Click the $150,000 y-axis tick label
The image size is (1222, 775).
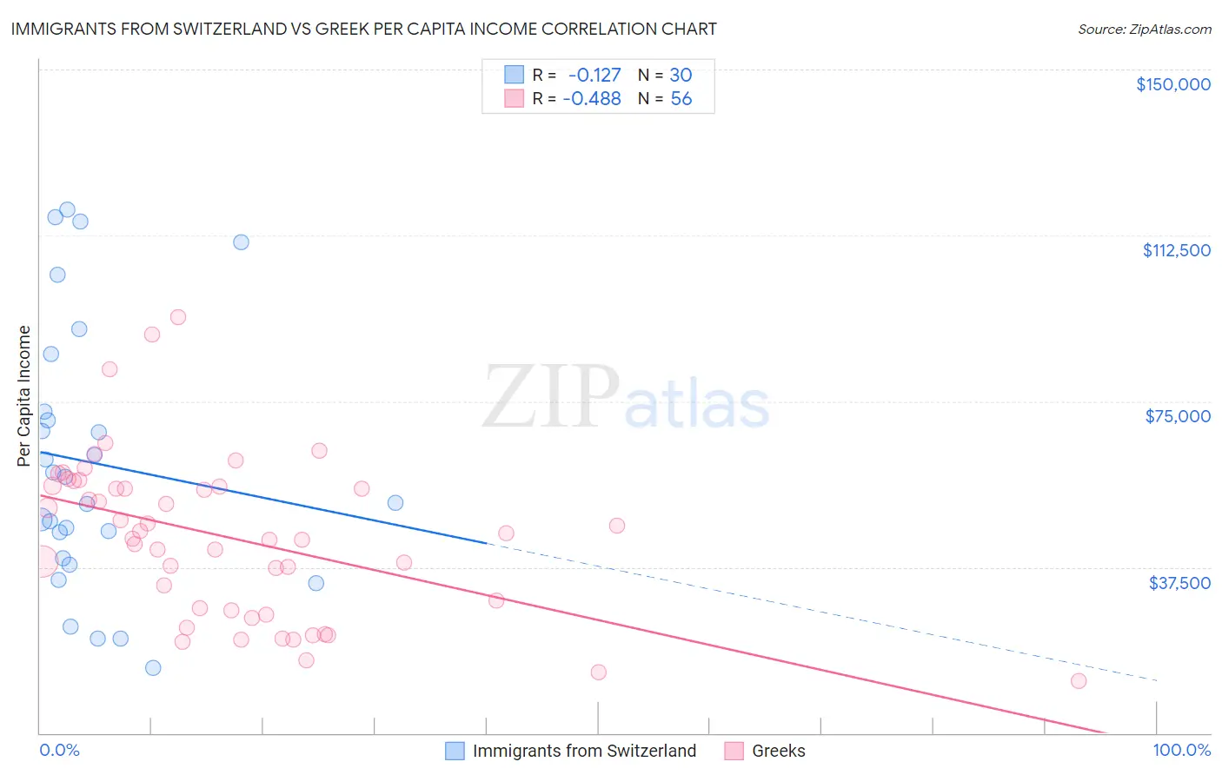[1172, 84]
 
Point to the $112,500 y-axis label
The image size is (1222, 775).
[1176, 250]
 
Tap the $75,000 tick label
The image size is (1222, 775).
[1178, 416]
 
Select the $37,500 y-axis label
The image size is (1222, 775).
[1179, 583]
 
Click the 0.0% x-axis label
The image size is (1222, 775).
[59, 750]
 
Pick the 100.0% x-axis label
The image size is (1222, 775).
[1181, 750]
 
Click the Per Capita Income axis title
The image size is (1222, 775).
[24, 396]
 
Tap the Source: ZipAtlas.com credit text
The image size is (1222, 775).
[1144, 30]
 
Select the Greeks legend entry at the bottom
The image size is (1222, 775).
[778, 751]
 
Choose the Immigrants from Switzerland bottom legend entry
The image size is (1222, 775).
[584, 751]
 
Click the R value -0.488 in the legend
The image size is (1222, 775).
[592, 99]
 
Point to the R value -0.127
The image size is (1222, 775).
[594, 76]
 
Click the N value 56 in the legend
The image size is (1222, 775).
[681, 99]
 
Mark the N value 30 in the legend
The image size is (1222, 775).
[681, 76]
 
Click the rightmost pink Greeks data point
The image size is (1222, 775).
[1079, 681]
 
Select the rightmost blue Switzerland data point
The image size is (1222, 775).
[395, 503]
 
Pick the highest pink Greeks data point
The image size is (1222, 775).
[178, 317]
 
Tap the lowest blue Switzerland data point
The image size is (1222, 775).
[153, 668]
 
